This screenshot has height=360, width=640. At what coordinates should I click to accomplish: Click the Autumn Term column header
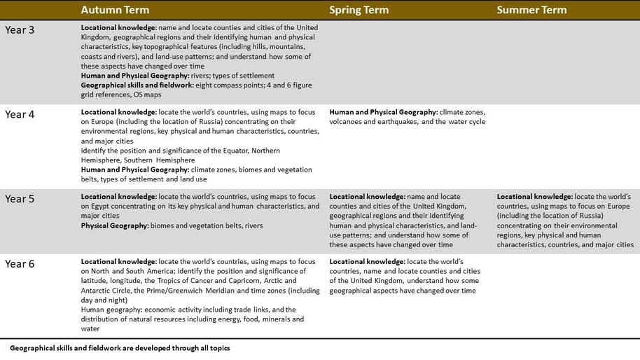[115, 10]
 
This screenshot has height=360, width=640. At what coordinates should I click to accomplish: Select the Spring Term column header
[359, 10]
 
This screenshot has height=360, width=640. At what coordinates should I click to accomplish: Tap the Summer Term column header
[531, 10]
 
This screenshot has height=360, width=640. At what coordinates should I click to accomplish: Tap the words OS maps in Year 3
[147, 95]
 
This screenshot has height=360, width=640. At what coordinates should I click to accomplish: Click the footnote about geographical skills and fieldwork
[120, 347]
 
